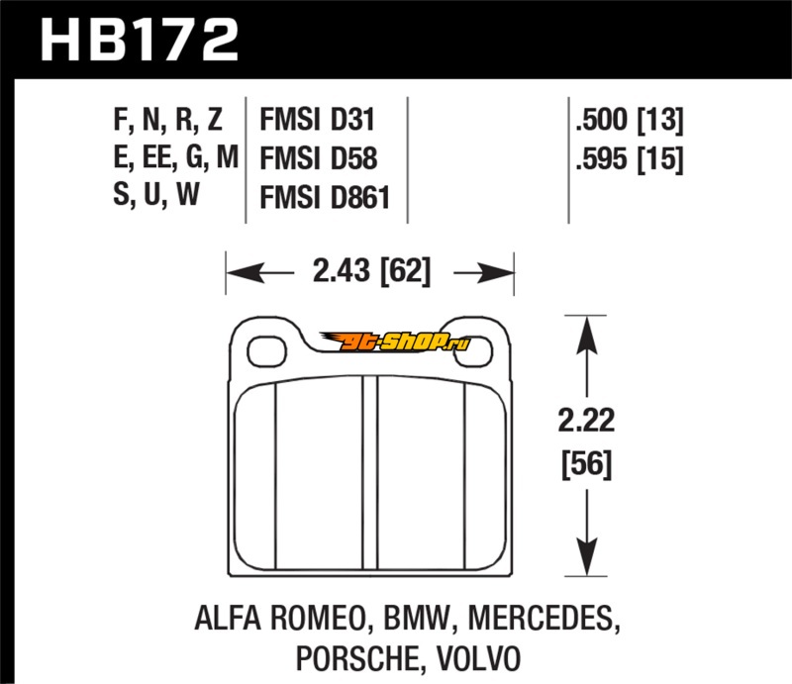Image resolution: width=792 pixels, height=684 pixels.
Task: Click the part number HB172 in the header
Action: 139,40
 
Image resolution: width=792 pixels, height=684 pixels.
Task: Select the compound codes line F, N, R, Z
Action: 168,122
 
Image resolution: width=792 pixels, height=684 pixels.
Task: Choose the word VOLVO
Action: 482,657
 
